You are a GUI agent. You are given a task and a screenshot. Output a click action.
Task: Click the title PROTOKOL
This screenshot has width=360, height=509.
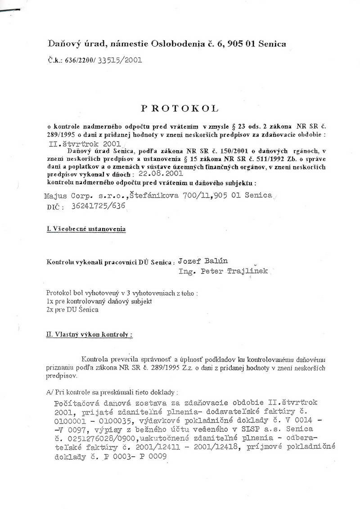pyautogui.click(x=180, y=108)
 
